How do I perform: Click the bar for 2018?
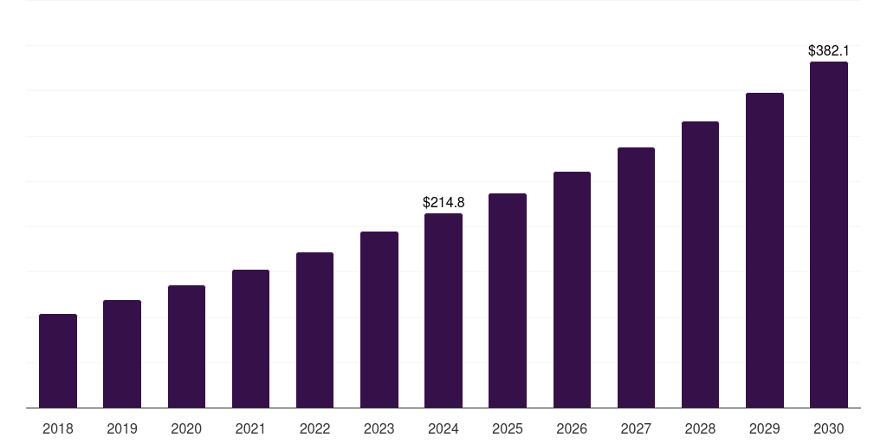tap(58, 361)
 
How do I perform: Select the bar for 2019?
tap(122, 354)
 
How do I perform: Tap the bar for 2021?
tap(250, 338)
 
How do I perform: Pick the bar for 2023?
tap(379, 319)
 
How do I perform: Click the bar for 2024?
tap(443, 310)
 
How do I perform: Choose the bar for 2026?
tap(572, 290)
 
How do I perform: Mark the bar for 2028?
tap(700, 264)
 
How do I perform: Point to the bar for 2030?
tap(829, 234)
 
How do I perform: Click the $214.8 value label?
tap(443, 202)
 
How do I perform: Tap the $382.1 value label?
tap(829, 51)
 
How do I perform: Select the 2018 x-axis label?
tap(58, 429)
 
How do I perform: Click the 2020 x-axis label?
tap(186, 429)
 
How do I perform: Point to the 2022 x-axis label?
tap(314, 429)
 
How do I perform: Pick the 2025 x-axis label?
tap(508, 429)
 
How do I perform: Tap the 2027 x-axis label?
tap(636, 429)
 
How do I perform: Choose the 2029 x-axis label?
tap(764, 429)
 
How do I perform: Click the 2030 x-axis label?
tap(829, 429)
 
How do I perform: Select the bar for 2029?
tap(764, 250)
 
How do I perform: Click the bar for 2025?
tap(508, 300)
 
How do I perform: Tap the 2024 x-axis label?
tap(443, 429)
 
